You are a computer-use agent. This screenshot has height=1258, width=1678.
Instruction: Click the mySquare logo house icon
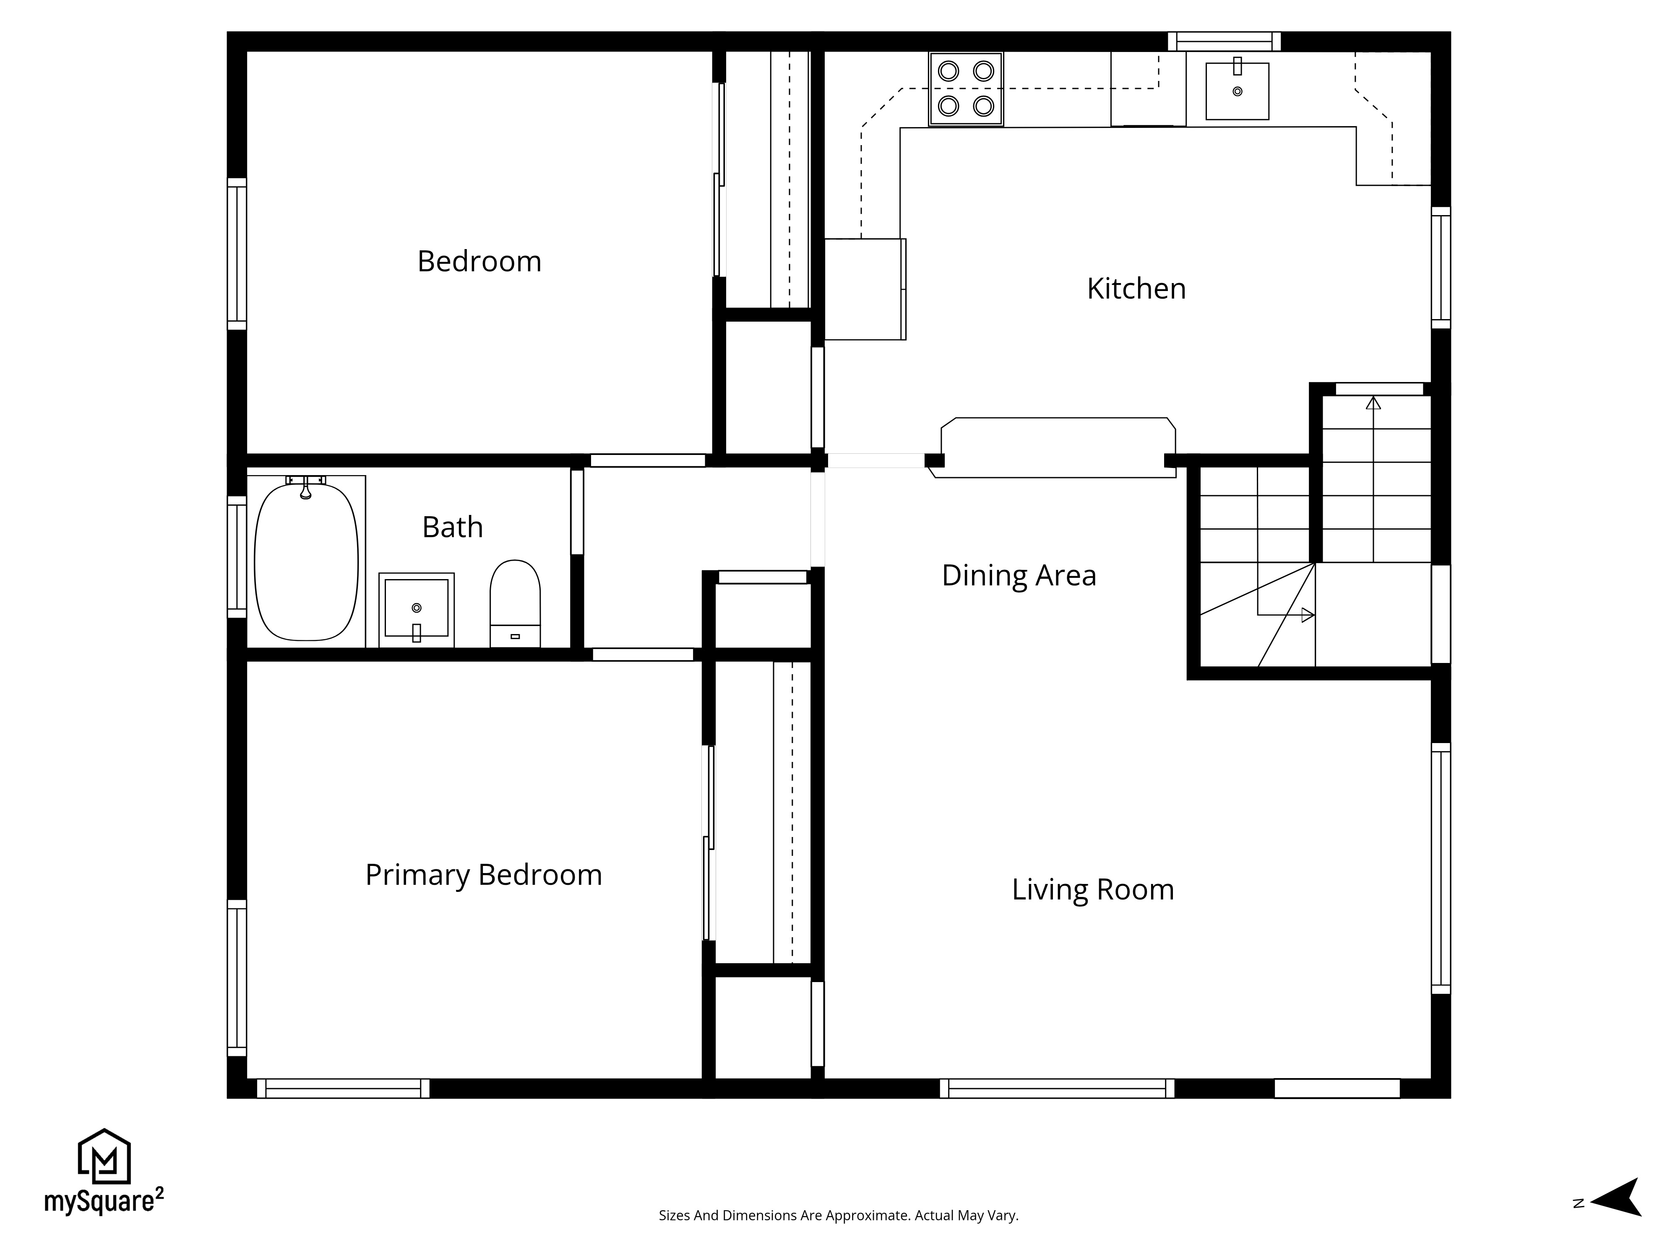point(105,1157)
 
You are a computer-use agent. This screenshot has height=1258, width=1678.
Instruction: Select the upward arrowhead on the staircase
point(1373,403)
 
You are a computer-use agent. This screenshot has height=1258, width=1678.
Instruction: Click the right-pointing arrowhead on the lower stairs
point(1307,615)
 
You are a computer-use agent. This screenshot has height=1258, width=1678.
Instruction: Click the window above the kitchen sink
point(1224,41)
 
